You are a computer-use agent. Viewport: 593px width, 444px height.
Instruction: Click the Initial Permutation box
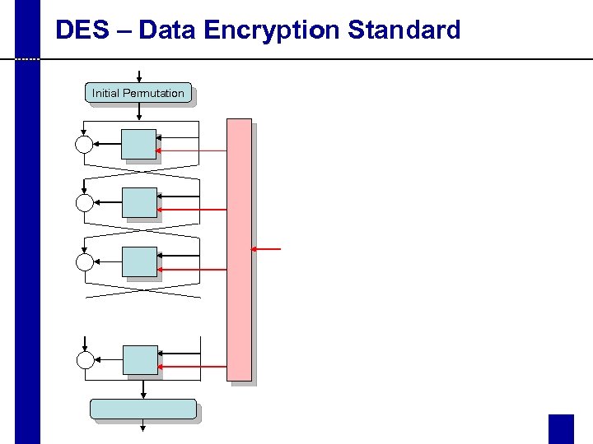coord(138,93)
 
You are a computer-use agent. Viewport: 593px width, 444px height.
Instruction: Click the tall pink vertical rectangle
coord(239,249)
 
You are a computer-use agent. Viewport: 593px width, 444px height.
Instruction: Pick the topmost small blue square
coord(138,144)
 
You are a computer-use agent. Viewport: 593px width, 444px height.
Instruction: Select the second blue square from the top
coord(138,202)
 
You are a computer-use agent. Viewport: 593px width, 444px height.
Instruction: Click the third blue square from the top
coord(138,261)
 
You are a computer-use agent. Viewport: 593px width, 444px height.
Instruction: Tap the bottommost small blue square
coord(139,359)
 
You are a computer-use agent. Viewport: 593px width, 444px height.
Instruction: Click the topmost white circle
coord(85,145)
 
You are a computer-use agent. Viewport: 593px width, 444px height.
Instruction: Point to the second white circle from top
coord(85,203)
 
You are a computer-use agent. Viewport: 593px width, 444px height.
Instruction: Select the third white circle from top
coord(85,262)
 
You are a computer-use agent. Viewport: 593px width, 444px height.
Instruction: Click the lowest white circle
coord(85,359)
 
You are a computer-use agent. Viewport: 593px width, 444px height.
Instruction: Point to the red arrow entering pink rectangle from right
coord(267,248)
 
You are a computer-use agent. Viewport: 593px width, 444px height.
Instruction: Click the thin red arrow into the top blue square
coord(192,151)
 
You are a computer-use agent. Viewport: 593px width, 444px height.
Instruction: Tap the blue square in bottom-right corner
coord(561,428)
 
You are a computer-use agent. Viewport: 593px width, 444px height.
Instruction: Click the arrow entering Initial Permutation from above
coord(138,76)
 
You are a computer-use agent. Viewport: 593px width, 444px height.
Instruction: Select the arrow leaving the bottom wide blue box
coord(143,425)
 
